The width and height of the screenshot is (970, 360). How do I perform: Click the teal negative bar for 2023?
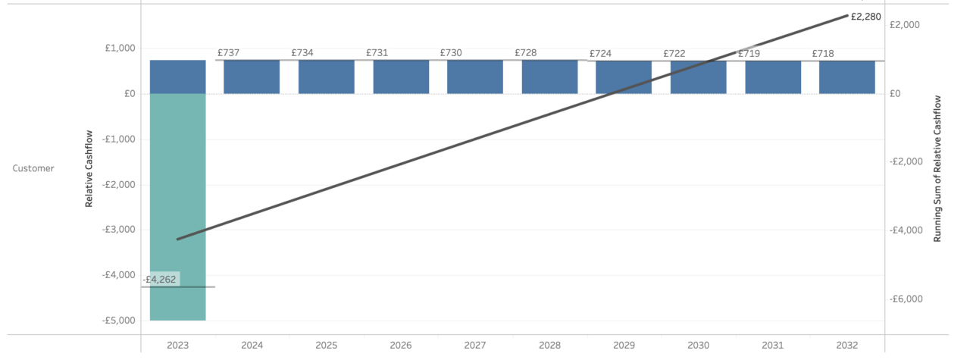click(x=177, y=206)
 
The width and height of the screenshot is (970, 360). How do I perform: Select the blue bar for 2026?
click(x=401, y=77)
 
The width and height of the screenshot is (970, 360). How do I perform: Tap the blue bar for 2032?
click(x=847, y=77)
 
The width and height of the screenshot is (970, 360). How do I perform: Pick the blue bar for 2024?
click(x=252, y=77)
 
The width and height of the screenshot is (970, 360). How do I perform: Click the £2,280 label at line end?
click(x=865, y=16)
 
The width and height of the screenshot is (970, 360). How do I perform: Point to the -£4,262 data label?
click(x=161, y=279)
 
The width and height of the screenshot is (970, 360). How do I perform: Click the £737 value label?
click(x=228, y=53)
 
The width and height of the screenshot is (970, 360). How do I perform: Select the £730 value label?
click(x=451, y=53)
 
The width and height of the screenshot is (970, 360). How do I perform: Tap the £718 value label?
click(x=823, y=54)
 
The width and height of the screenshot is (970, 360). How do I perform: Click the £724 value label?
click(x=600, y=54)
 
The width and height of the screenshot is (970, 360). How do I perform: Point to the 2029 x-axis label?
click(x=624, y=346)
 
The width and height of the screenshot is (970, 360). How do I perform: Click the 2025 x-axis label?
click(x=327, y=346)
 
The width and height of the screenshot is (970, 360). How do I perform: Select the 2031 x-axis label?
click(x=772, y=346)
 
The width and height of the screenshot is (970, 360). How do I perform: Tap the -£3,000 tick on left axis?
click(x=119, y=230)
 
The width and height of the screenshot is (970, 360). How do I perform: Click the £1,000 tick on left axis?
click(x=120, y=49)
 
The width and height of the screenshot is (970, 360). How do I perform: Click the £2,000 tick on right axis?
click(x=905, y=25)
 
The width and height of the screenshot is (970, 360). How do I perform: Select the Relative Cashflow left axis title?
click(x=89, y=169)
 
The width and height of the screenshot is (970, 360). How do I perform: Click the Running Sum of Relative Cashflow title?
click(x=937, y=168)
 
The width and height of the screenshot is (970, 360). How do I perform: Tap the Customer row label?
click(x=33, y=168)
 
